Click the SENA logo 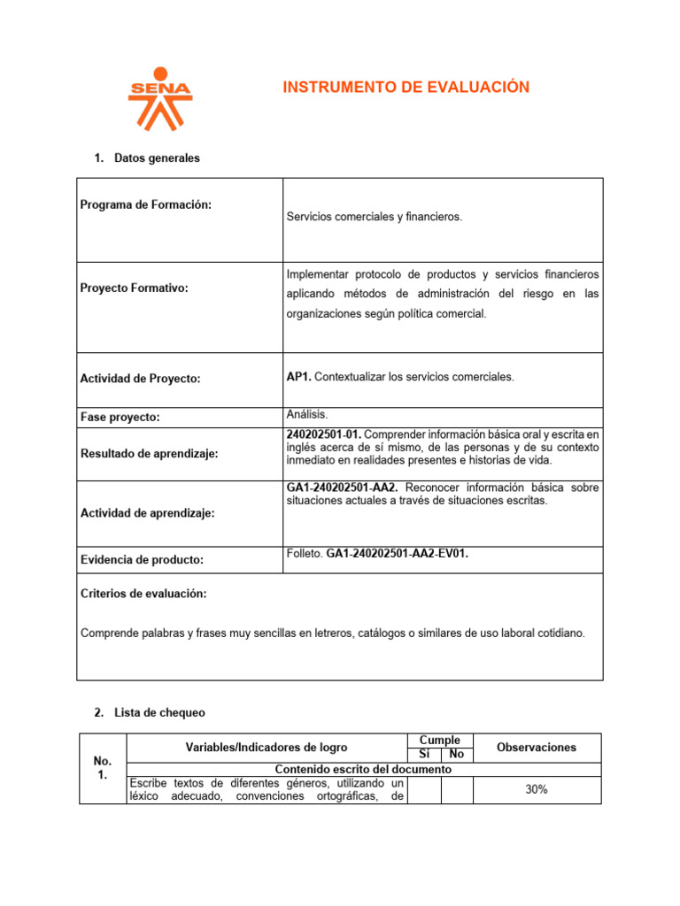[x=159, y=98]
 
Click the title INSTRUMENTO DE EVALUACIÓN [x=406, y=87]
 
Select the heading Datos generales [x=157, y=158]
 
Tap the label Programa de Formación [x=146, y=204]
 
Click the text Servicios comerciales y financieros [x=375, y=217]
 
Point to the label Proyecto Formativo [x=135, y=288]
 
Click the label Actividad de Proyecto [x=141, y=379]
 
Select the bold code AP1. [x=299, y=377]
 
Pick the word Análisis [x=307, y=413]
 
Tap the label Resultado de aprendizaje [x=150, y=453]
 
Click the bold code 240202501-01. [x=324, y=434]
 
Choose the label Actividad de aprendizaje [x=148, y=513]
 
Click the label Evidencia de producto [x=142, y=559]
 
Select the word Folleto [x=305, y=554]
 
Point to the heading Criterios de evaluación [x=143, y=594]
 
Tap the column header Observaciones [x=537, y=748]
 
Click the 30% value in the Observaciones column [x=536, y=789]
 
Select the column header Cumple [x=440, y=740]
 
